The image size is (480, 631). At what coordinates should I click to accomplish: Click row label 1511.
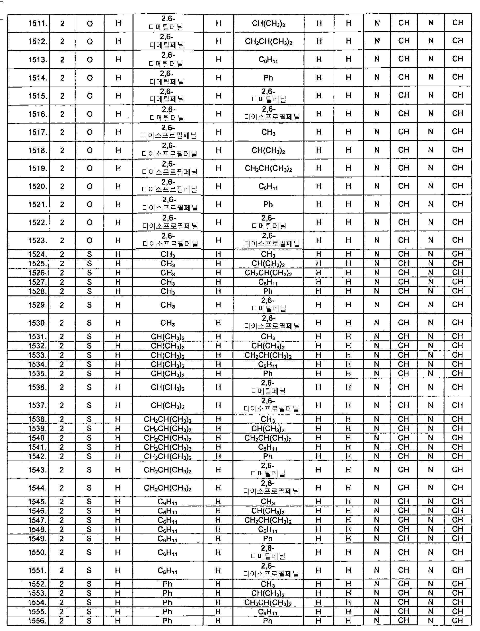coord(37,23)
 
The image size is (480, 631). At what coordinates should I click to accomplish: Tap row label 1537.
coord(37,405)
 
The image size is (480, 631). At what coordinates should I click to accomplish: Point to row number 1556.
coord(37,621)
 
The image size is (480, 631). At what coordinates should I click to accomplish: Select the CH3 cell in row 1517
coord(268,132)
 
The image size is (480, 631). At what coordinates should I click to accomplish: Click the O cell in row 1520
coord(90,187)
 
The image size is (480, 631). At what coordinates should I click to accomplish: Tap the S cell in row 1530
coord(89,323)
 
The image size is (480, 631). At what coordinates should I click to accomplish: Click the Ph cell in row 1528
coord(268,291)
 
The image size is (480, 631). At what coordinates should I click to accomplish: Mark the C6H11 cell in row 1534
coord(268,364)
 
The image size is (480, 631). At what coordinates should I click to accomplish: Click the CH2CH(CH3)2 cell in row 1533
coord(268,355)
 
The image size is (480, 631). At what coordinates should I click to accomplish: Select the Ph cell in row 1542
coord(268,456)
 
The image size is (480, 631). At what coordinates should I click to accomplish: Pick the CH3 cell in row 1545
coord(268,502)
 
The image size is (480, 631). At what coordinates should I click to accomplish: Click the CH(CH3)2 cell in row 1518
coord(268,150)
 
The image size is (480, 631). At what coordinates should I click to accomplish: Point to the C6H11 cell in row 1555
coord(268,612)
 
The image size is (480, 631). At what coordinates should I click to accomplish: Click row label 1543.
coord(37,470)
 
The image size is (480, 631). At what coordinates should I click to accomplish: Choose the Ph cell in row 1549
coord(268,538)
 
